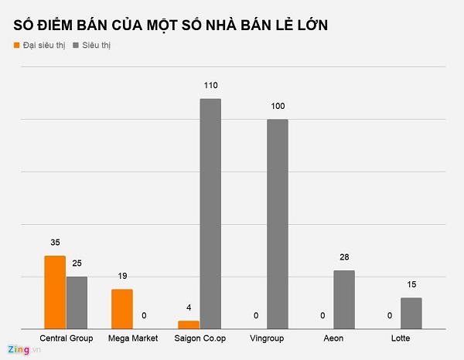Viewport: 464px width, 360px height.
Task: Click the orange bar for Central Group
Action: point(55,291)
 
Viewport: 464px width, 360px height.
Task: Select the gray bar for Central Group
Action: point(77,302)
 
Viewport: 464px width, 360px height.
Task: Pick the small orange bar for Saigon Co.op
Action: point(189,324)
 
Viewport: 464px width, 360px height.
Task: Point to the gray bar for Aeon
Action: point(344,299)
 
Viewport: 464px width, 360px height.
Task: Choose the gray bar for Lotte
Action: point(411,312)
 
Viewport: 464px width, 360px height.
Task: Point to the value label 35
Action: point(55,241)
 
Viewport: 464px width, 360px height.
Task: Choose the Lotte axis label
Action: point(401,338)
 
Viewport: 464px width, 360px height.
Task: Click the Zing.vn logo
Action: point(24,350)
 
